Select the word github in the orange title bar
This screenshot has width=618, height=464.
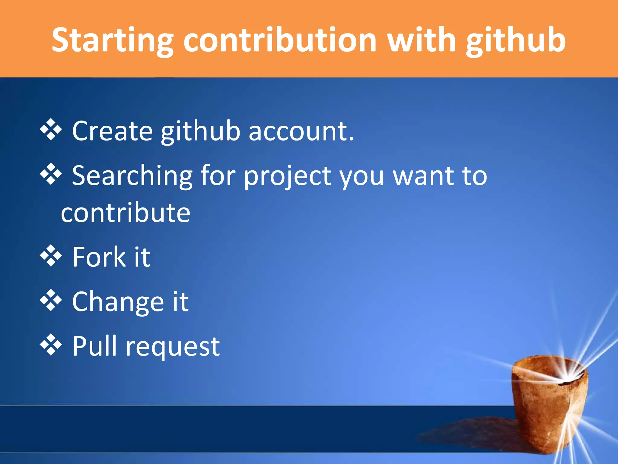click(516, 40)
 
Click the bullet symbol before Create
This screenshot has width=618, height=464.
click(51, 130)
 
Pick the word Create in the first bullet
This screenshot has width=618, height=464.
click(112, 131)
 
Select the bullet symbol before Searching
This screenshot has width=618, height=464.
click(51, 174)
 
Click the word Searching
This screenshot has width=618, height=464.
click(132, 176)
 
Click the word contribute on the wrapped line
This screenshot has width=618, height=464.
click(126, 213)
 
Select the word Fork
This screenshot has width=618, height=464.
click(99, 257)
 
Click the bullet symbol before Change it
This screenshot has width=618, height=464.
click(51, 300)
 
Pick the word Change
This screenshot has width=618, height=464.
click(118, 302)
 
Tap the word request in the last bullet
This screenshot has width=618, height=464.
click(173, 347)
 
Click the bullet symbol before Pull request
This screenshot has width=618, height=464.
click(51, 345)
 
